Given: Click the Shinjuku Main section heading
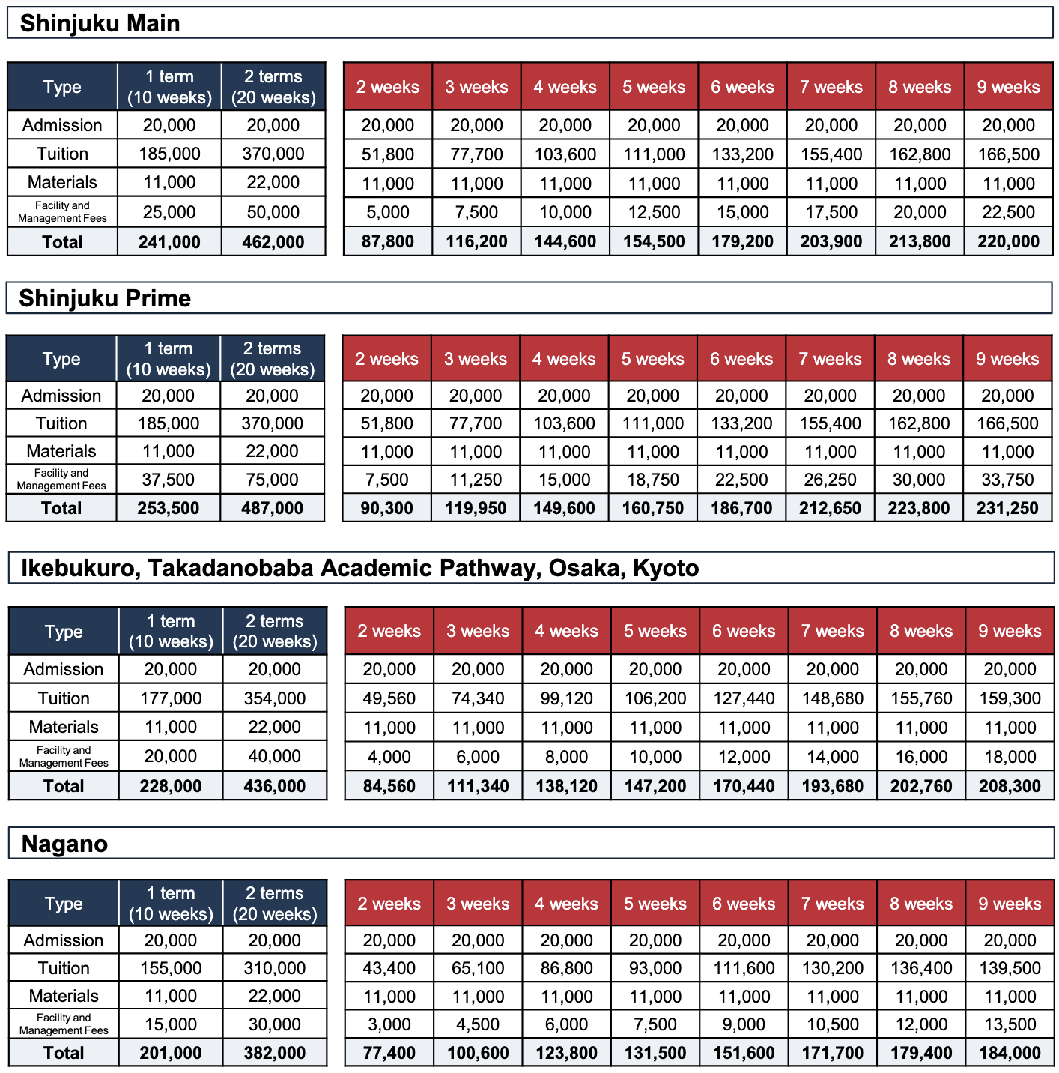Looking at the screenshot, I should pyautogui.click(x=100, y=24).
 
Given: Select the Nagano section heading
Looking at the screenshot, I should pyautogui.click(x=64, y=844).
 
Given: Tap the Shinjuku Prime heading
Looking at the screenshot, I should pyautogui.click(x=105, y=299).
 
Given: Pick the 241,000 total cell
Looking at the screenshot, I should pyautogui.click(x=169, y=242).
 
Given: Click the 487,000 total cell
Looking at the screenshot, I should pyautogui.click(x=272, y=508).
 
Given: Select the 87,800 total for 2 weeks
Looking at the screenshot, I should pyautogui.click(x=388, y=242).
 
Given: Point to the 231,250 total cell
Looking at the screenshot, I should pyautogui.click(x=1007, y=508).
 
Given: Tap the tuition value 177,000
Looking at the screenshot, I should pyautogui.click(x=171, y=698).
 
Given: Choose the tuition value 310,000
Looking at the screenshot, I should pyautogui.click(x=275, y=968).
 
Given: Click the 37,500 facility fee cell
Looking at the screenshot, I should pyautogui.click(x=169, y=480).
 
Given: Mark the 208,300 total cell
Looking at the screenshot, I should pyautogui.click(x=1010, y=786).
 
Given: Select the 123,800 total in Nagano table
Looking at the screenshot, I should pyautogui.click(x=566, y=1053).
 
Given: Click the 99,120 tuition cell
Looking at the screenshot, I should pyautogui.click(x=566, y=698).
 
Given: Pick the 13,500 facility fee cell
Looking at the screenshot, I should pyautogui.click(x=1010, y=1024).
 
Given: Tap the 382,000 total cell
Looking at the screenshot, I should pyautogui.click(x=275, y=1053).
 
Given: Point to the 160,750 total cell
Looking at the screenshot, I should pyautogui.click(x=652, y=508).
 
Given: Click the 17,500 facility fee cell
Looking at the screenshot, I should pyautogui.click(x=831, y=212).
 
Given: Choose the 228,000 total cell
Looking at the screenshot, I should pyautogui.click(x=171, y=786).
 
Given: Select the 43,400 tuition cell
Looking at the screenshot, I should pyautogui.click(x=389, y=968).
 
